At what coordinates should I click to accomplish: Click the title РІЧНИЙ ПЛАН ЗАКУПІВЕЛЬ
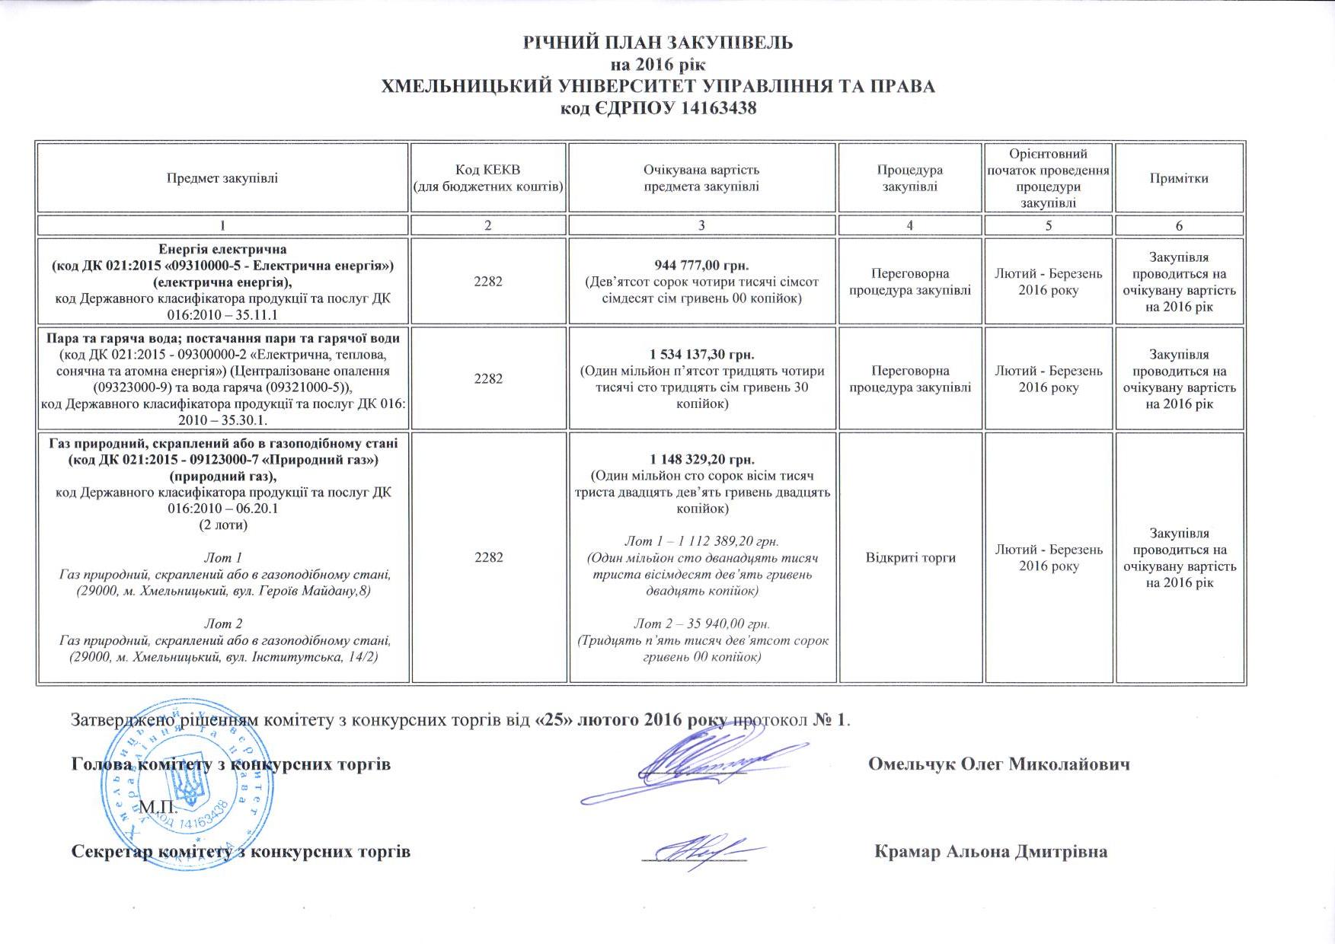click(657, 43)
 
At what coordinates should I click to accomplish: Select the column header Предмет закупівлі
click(222, 179)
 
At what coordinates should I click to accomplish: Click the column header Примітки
click(1179, 179)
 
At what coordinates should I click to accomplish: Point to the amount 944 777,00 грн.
click(701, 265)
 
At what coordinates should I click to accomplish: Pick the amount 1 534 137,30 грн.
click(701, 355)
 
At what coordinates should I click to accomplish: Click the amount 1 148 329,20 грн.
click(701, 459)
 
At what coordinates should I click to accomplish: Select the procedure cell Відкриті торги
click(910, 557)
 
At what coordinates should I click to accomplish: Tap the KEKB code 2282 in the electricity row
click(488, 281)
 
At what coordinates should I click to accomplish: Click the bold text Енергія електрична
click(222, 249)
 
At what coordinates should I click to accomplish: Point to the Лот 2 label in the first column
click(223, 624)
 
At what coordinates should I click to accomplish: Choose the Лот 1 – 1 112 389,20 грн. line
click(701, 541)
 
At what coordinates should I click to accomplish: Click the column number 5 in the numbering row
click(1049, 225)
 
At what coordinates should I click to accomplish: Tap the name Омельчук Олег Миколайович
click(998, 764)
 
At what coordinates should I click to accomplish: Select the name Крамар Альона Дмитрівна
click(991, 851)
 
